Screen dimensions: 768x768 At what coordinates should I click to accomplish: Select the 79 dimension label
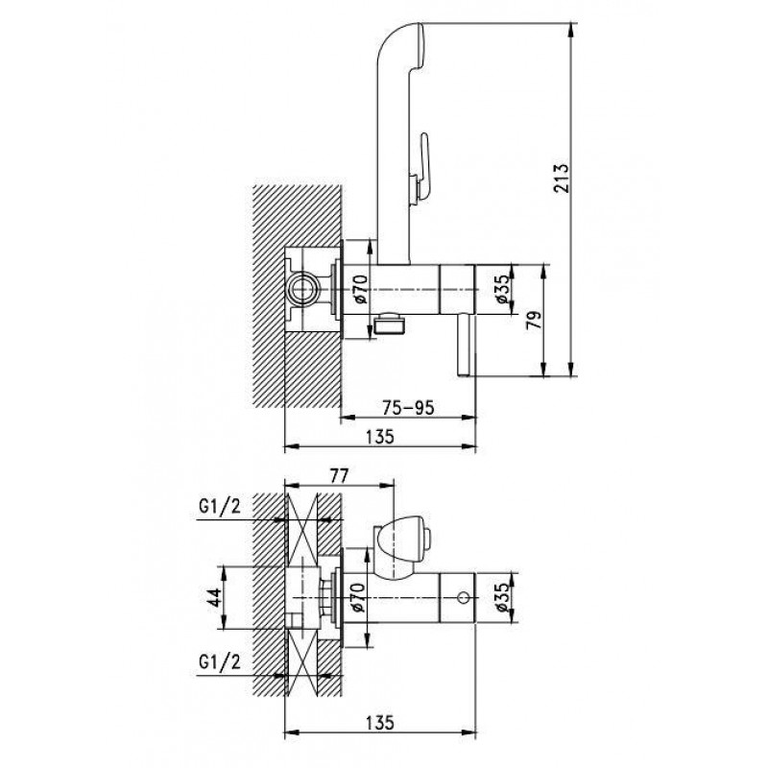tap(535, 320)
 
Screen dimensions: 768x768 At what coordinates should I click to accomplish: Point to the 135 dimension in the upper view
tap(380, 437)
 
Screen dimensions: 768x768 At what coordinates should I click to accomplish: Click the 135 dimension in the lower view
tap(380, 723)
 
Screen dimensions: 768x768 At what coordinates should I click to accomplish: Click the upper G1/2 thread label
tap(220, 507)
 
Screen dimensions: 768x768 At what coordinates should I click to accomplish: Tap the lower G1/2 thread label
tap(220, 662)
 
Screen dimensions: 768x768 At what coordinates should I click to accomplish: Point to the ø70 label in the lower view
tap(358, 597)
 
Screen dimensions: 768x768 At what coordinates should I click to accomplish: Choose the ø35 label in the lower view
tap(503, 597)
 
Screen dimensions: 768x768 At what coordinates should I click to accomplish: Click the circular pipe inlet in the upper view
tap(302, 289)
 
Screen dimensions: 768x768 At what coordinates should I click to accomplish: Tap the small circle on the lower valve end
tap(463, 598)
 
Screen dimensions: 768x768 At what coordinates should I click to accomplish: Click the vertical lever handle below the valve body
tap(464, 346)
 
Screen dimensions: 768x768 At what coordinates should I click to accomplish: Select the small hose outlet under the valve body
tap(390, 324)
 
